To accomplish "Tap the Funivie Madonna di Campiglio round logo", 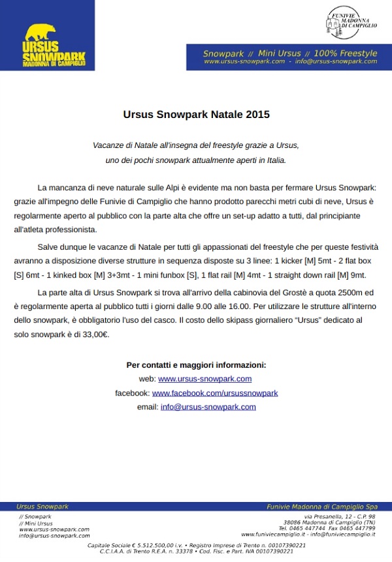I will pyautogui.click(x=351, y=22).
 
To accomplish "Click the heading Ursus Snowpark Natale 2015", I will pyautogui.click(x=196, y=115).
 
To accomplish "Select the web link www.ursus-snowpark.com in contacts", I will pyautogui.click(x=204, y=379).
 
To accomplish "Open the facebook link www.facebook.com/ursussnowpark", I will pyautogui.click(x=215, y=393).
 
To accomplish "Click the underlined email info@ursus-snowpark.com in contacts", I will pyautogui.click(x=208, y=407).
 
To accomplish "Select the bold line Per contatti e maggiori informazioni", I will pyautogui.click(x=196, y=365).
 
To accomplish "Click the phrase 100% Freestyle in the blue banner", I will pyautogui.click(x=345, y=53).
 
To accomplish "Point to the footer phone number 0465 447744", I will pyautogui.click(x=312, y=528).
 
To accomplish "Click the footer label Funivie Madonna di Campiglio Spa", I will pyautogui.click(x=322, y=507).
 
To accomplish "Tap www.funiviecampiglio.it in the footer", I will pyautogui.click(x=273, y=534).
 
